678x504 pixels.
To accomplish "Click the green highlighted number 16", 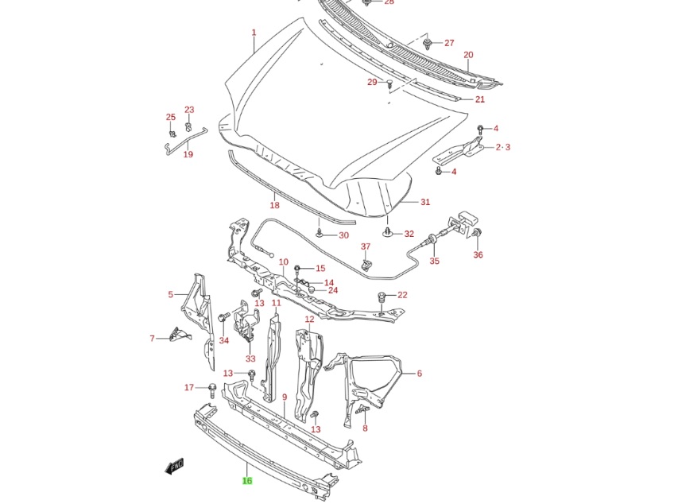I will [x=247, y=481].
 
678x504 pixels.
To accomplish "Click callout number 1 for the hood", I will [x=254, y=33].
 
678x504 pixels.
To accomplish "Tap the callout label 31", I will [x=425, y=202].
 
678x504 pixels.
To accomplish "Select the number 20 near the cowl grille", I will [x=468, y=55].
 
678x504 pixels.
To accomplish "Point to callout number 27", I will [x=449, y=43].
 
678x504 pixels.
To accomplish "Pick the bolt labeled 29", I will [x=390, y=84].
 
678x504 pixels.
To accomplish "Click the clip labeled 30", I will [x=320, y=234].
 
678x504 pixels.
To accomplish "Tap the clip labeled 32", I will [x=387, y=233].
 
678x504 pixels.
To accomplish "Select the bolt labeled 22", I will [x=382, y=297].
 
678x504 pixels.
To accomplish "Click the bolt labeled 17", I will [x=213, y=390].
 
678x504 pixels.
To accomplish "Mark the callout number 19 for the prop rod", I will [x=188, y=154].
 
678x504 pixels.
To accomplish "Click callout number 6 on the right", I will [x=419, y=373].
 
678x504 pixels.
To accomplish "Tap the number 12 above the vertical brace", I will [x=309, y=320].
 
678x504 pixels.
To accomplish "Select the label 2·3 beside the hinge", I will [x=502, y=147].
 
